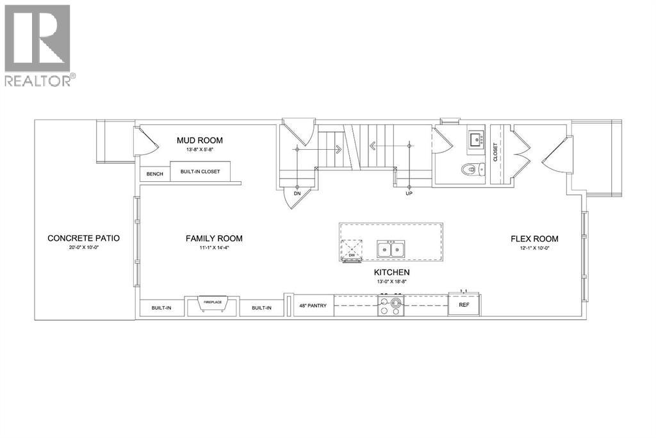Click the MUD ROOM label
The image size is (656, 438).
coord(200,141)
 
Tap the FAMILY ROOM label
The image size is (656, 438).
coord(214,239)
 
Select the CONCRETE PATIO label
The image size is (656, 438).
coord(84,239)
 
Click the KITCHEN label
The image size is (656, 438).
coord(392,272)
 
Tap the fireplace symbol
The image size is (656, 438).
coord(212,305)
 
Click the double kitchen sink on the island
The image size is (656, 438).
coord(391,249)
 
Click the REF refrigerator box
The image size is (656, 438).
coord(464,305)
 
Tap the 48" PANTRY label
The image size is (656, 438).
coord(313,305)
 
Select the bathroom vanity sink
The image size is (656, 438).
coord(477,139)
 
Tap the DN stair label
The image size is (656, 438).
coord(297,193)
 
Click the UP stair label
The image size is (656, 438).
coord(409,193)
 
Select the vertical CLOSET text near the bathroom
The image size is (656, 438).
coord(495,152)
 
